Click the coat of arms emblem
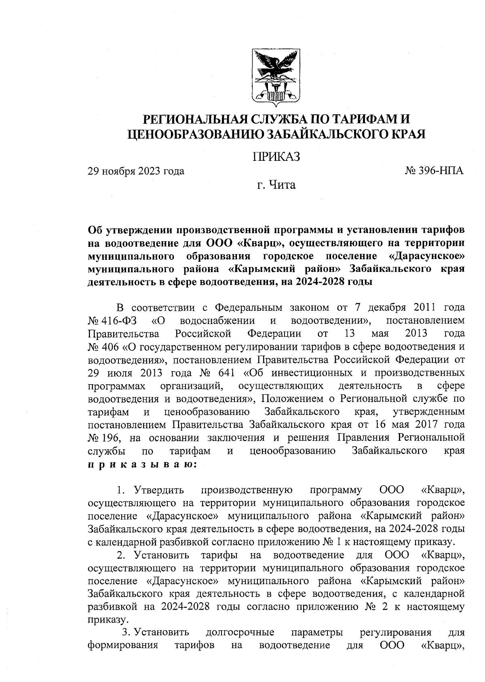[277, 76]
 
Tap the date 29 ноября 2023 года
[136, 171]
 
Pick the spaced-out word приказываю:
[142, 465]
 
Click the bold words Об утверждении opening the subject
[132, 230]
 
